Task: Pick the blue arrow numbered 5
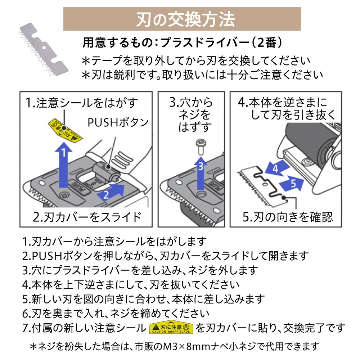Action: click(293, 184)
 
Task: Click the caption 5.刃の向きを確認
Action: click(287, 217)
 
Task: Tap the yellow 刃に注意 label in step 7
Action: click(171, 328)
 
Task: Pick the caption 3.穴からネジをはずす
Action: click(191, 115)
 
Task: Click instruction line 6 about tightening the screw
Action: click(116, 313)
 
